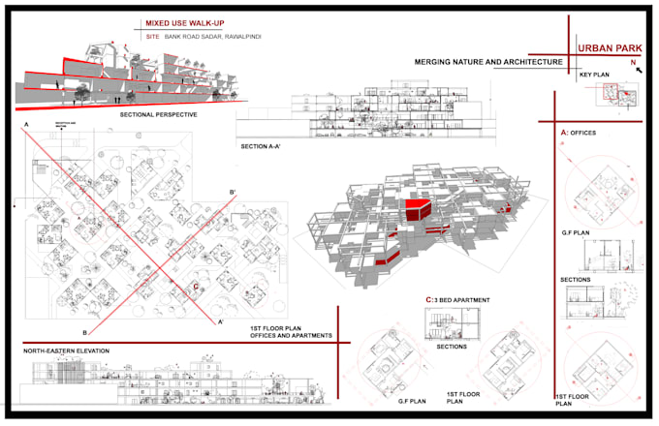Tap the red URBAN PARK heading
click(x=608, y=46)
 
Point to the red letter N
click(x=632, y=63)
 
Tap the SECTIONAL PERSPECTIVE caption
click(x=159, y=114)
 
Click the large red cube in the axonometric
click(x=419, y=207)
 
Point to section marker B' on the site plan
click(x=232, y=193)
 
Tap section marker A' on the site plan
click(x=221, y=320)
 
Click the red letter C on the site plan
click(x=196, y=287)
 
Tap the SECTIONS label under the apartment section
click(x=452, y=346)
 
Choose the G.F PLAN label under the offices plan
click(x=576, y=233)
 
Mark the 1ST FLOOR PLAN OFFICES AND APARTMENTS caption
click(x=290, y=332)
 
